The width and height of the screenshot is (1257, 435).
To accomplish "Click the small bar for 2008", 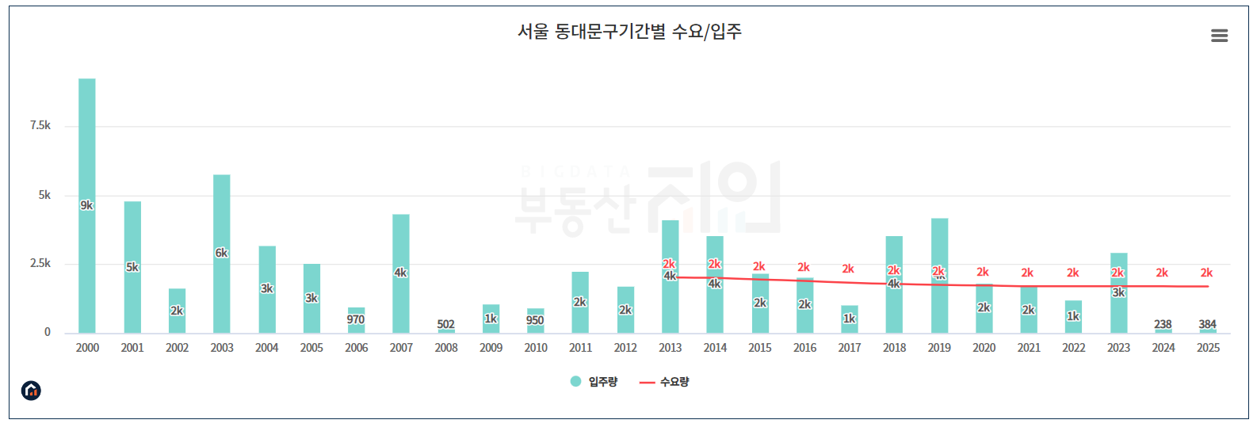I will click(446, 330).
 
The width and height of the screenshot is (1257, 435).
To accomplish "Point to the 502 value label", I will click(446, 324).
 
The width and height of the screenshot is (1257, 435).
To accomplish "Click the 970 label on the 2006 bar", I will click(356, 319).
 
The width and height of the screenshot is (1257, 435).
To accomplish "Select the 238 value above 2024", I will click(1163, 324).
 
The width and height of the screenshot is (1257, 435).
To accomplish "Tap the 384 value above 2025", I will click(1207, 324).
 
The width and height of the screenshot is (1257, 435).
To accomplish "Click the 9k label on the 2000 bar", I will click(86, 205).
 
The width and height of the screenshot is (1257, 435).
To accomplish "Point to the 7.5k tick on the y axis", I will click(40, 125).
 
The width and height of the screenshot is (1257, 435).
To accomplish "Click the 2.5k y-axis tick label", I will click(40, 263).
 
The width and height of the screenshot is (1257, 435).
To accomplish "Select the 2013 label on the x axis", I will click(670, 348).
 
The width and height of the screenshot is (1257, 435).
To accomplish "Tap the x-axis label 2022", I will click(1073, 348).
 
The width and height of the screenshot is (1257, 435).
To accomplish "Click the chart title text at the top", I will click(629, 32).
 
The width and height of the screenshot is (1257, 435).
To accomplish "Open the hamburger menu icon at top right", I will click(1219, 36).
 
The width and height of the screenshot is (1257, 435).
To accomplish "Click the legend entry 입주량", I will click(594, 382).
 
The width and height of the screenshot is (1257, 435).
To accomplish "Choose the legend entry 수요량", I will click(666, 382).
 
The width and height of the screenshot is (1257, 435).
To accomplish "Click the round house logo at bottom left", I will click(31, 390).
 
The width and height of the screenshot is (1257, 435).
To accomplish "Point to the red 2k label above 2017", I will click(848, 269).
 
